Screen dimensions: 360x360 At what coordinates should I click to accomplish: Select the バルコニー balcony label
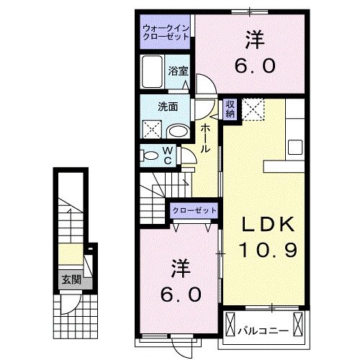(x=264, y=330)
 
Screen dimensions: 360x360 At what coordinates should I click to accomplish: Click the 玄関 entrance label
(x=70, y=279)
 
